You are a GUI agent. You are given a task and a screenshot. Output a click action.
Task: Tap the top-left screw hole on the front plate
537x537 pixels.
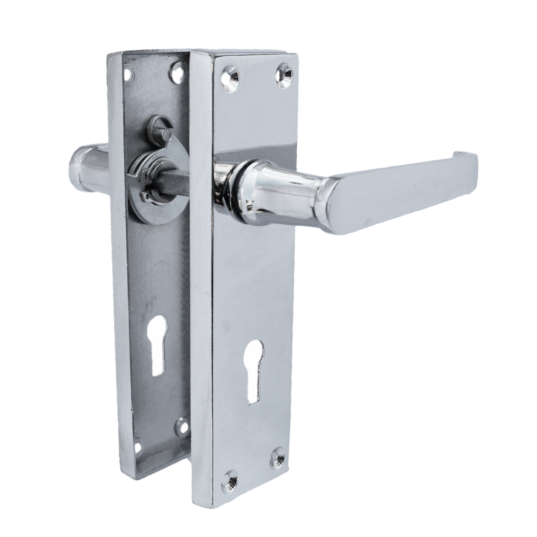point(230,80)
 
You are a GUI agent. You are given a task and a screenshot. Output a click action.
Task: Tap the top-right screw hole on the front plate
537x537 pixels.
point(284,76)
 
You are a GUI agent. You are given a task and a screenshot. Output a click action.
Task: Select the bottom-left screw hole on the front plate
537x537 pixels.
point(230,481)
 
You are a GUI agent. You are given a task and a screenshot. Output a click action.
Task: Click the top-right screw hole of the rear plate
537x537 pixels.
point(177,73)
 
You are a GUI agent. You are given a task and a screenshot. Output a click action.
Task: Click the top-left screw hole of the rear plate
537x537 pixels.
point(128,75)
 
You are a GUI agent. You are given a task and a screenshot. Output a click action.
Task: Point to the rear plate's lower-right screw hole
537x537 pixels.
point(182,427)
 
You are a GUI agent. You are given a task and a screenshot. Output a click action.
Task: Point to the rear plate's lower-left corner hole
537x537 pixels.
point(137,446)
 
